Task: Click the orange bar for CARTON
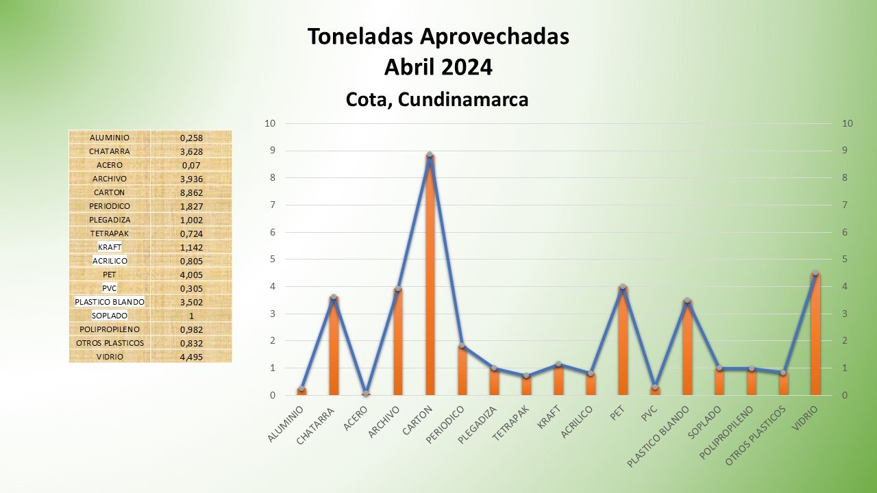point(430,274)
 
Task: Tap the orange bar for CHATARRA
point(334,346)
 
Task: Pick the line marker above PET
point(623,287)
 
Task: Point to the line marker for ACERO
point(366,393)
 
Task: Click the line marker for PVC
point(655,387)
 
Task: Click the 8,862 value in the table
point(192,192)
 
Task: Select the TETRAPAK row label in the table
point(109,233)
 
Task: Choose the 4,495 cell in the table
point(192,357)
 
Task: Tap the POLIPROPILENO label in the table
point(109,329)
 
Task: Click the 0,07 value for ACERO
point(192,165)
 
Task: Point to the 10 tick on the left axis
point(270,124)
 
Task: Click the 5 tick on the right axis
point(848,260)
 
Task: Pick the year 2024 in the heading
point(466,67)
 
